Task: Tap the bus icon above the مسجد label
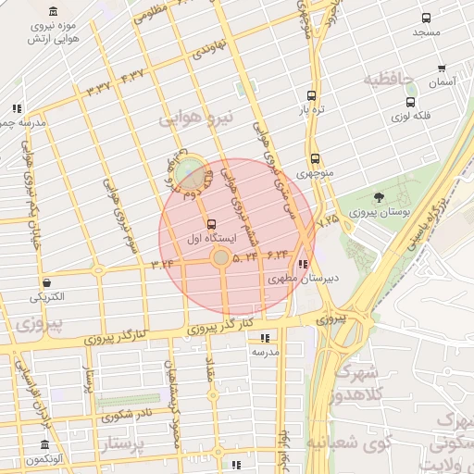click(x=426, y=19)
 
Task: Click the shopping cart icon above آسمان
click(x=442, y=68)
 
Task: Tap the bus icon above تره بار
click(x=310, y=95)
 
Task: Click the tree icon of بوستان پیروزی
click(x=379, y=197)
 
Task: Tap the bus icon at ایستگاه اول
click(x=212, y=223)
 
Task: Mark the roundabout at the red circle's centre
click(x=221, y=258)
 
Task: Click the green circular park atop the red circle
click(x=190, y=168)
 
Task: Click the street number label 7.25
click(x=328, y=222)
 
